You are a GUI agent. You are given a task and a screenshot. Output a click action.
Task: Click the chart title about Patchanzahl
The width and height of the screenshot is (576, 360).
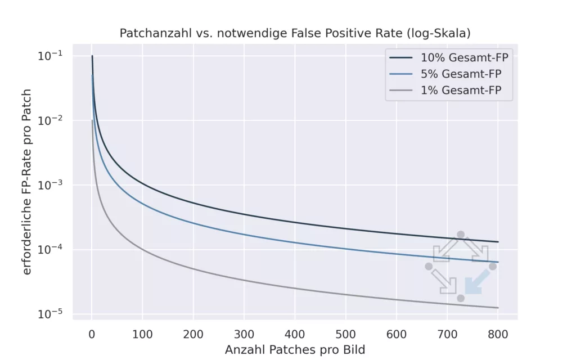295,33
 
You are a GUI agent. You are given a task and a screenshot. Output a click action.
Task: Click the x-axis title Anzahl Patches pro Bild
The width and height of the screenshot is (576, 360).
295,350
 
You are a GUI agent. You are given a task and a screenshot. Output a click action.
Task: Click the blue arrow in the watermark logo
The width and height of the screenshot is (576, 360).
476,281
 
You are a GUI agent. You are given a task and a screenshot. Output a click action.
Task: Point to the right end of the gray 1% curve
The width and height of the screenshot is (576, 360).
498,308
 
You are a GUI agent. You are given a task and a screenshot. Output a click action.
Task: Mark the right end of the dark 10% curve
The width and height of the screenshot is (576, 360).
498,242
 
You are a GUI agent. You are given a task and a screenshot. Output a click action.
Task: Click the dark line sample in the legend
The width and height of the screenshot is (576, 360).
400,57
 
